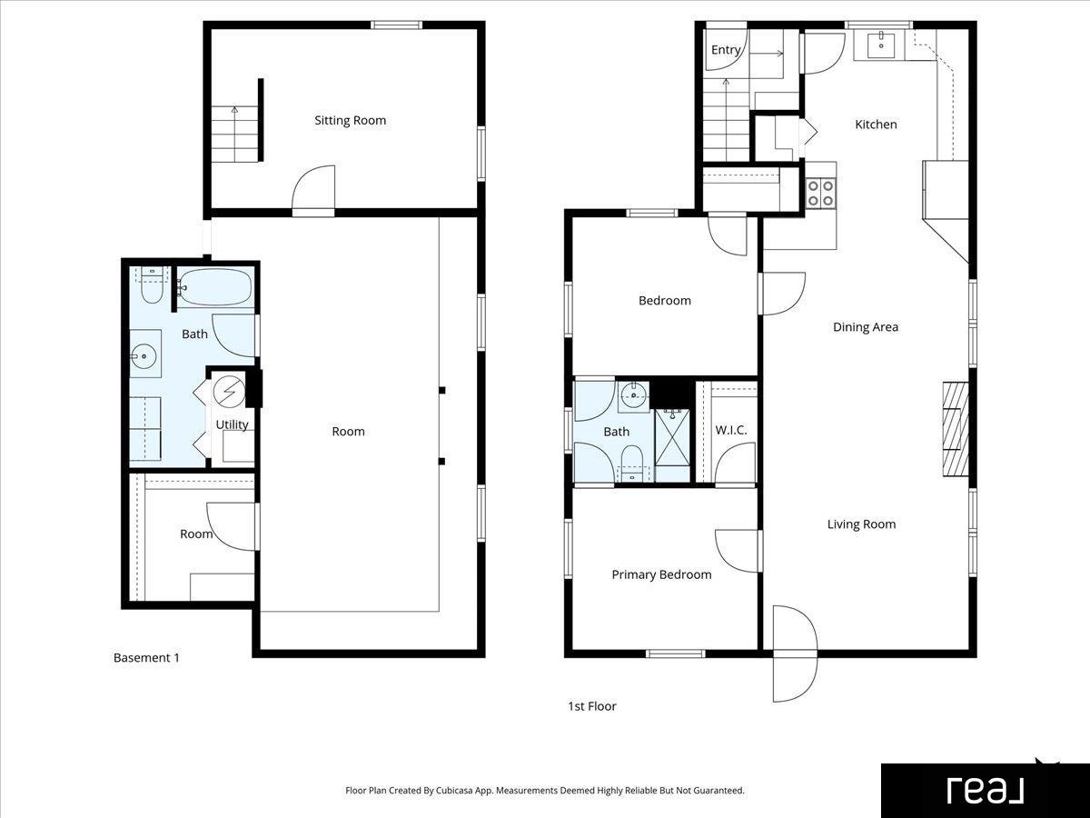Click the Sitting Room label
350,121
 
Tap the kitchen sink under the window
881,45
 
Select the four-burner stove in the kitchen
820,194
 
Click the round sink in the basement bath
144,355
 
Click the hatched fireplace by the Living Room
956,429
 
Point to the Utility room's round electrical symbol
229,392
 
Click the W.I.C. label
731,430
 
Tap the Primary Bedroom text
661,574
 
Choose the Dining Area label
866,327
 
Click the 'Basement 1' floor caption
146,657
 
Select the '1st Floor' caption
592,706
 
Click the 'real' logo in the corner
985,791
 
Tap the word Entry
726,50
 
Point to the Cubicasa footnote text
545,790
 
